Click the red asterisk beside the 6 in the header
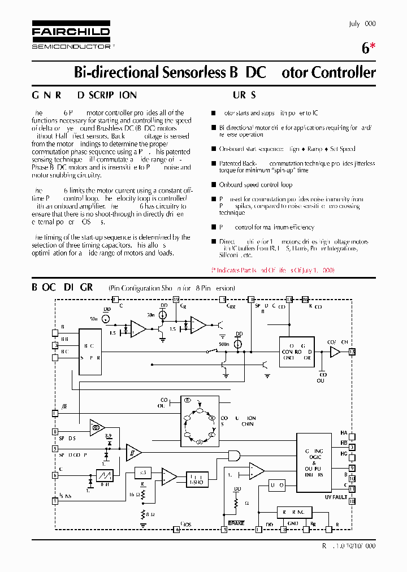point(372,47)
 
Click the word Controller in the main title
point(343,72)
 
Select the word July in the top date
point(354,24)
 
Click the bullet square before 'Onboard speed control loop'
point(213,185)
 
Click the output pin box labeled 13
point(352,352)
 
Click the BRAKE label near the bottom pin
point(236,523)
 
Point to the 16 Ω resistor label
point(133,494)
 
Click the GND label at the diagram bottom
point(292,523)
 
